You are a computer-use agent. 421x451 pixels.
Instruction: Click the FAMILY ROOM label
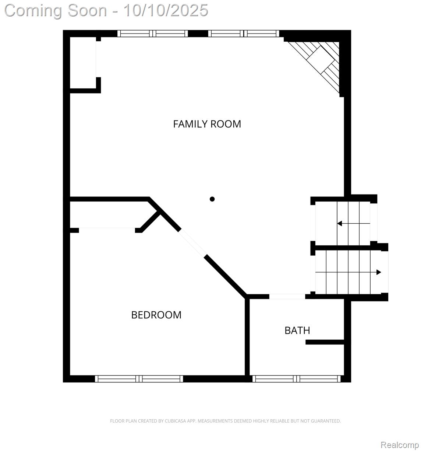[207, 124]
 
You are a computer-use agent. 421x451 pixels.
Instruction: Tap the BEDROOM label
[156, 315]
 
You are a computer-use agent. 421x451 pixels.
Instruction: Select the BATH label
[297, 331]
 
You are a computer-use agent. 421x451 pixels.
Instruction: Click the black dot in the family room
[212, 199]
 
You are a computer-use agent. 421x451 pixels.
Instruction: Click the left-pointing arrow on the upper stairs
[340, 223]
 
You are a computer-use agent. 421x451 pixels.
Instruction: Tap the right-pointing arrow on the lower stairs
[378, 272]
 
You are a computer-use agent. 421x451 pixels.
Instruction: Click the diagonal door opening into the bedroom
[192, 243]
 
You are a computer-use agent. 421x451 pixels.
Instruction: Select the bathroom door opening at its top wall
[287, 296]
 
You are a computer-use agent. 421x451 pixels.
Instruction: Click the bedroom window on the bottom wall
[139, 378]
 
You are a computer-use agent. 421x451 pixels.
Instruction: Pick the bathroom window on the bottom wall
[296, 378]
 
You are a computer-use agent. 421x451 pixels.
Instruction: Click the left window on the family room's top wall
[153, 34]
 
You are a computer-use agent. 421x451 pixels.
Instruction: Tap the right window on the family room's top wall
[244, 34]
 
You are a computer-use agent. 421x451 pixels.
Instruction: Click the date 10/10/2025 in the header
[166, 10]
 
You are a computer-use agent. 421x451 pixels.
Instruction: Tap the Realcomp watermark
[399, 445]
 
